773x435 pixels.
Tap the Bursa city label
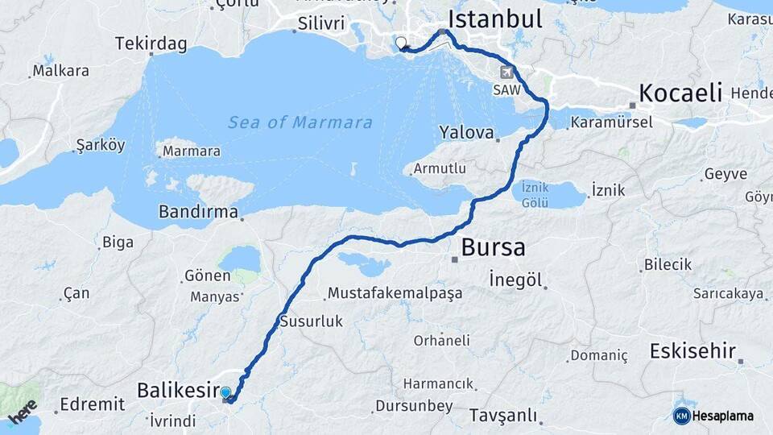493,246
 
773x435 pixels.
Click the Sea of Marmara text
300,122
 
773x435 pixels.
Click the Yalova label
465,131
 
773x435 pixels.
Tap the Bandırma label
199,213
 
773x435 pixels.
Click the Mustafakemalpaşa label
395,292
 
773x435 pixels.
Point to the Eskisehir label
692,351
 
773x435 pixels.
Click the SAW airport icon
506,72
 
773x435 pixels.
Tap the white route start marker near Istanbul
401,43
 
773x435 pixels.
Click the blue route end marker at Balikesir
226,393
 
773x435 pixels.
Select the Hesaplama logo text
723,416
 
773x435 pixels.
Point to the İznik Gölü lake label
535,194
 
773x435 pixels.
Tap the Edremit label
92,404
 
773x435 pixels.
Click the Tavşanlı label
503,415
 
